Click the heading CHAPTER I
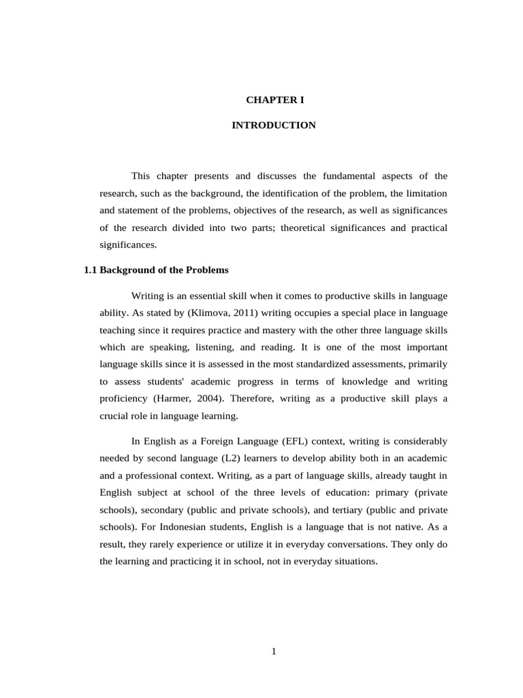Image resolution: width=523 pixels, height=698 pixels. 274,100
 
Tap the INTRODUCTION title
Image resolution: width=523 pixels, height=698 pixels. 274,125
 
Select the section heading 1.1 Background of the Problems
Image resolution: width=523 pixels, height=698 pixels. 156,270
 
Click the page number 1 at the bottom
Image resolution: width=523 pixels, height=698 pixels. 274,652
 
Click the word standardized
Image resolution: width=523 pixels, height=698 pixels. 334,364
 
